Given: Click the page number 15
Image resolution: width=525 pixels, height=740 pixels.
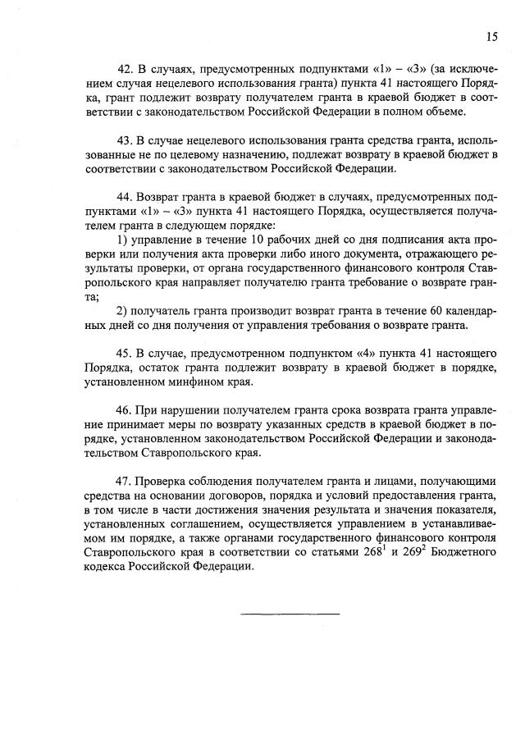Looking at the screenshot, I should [491, 36].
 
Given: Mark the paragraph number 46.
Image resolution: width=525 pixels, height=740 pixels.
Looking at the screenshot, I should [126, 408].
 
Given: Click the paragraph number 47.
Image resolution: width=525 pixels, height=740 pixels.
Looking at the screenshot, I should [126, 480].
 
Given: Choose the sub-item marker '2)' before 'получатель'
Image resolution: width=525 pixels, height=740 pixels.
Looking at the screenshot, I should [123, 310].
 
